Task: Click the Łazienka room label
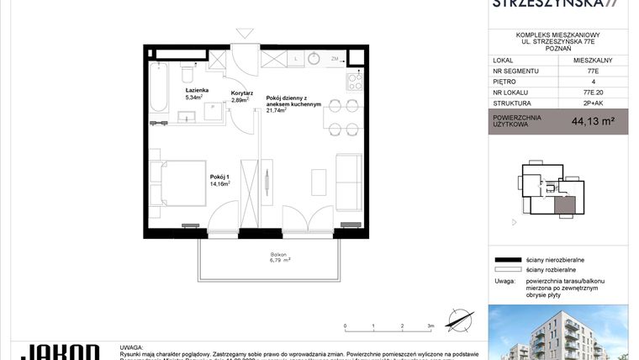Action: [198, 88]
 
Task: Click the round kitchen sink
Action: [314, 59]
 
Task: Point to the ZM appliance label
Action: [335, 60]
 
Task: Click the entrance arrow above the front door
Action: [245, 34]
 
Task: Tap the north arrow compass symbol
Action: [458, 320]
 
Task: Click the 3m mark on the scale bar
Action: [430, 325]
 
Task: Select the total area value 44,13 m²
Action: [593, 121]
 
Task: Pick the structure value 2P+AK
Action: [593, 103]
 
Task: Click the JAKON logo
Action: [59, 352]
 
